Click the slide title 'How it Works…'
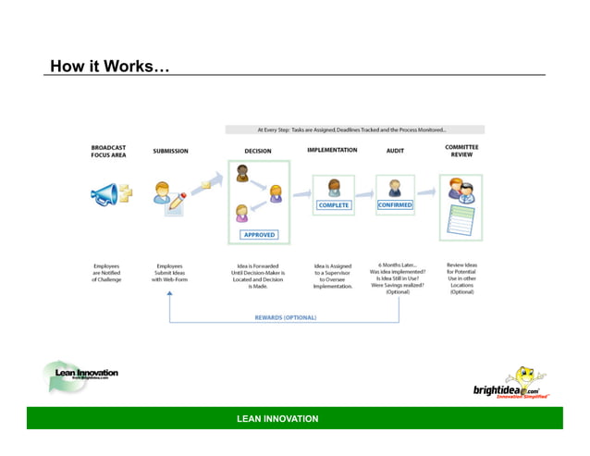pos(110,67)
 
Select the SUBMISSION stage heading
pos(171,151)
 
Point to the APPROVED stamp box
pos(259,235)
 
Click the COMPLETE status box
pos(333,205)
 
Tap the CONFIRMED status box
pos(395,205)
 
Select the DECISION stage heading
pos(258,151)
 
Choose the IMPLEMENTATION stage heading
pos(332,150)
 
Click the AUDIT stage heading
pos(395,150)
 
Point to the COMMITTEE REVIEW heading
pos(461,151)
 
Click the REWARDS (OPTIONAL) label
pos(286,317)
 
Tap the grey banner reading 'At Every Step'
pos(354,129)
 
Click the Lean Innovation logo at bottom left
pos(80,376)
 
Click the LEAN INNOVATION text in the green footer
pos(277,419)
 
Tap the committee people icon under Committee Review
pos(461,191)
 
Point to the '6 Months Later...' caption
pos(398,265)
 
